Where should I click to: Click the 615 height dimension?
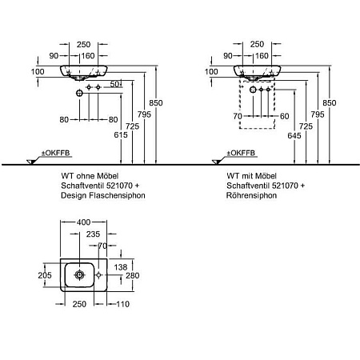click(x=121, y=135)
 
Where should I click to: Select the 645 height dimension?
click(x=294, y=136)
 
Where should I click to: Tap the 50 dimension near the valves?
click(x=114, y=84)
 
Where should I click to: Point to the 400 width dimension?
click(x=83, y=222)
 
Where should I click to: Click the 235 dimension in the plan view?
click(x=93, y=234)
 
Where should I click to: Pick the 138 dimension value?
click(x=121, y=267)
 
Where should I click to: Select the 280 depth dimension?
click(x=133, y=275)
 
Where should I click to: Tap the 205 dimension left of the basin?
click(x=45, y=275)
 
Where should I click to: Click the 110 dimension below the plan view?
click(x=122, y=304)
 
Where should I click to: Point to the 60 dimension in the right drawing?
click(x=285, y=116)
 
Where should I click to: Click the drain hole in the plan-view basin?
click(x=79, y=274)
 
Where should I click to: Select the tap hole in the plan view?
click(x=98, y=274)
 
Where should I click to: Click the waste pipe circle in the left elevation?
click(x=79, y=93)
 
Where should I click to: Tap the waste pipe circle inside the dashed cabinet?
click(x=253, y=90)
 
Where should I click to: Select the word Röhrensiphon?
click(x=251, y=195)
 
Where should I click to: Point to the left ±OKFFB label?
click(x=55, y=153)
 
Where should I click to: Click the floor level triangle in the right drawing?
click(x=217, y=162)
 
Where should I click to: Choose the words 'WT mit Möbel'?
click(x=251, y=176)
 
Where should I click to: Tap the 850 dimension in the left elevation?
click(x=156, y=103)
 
